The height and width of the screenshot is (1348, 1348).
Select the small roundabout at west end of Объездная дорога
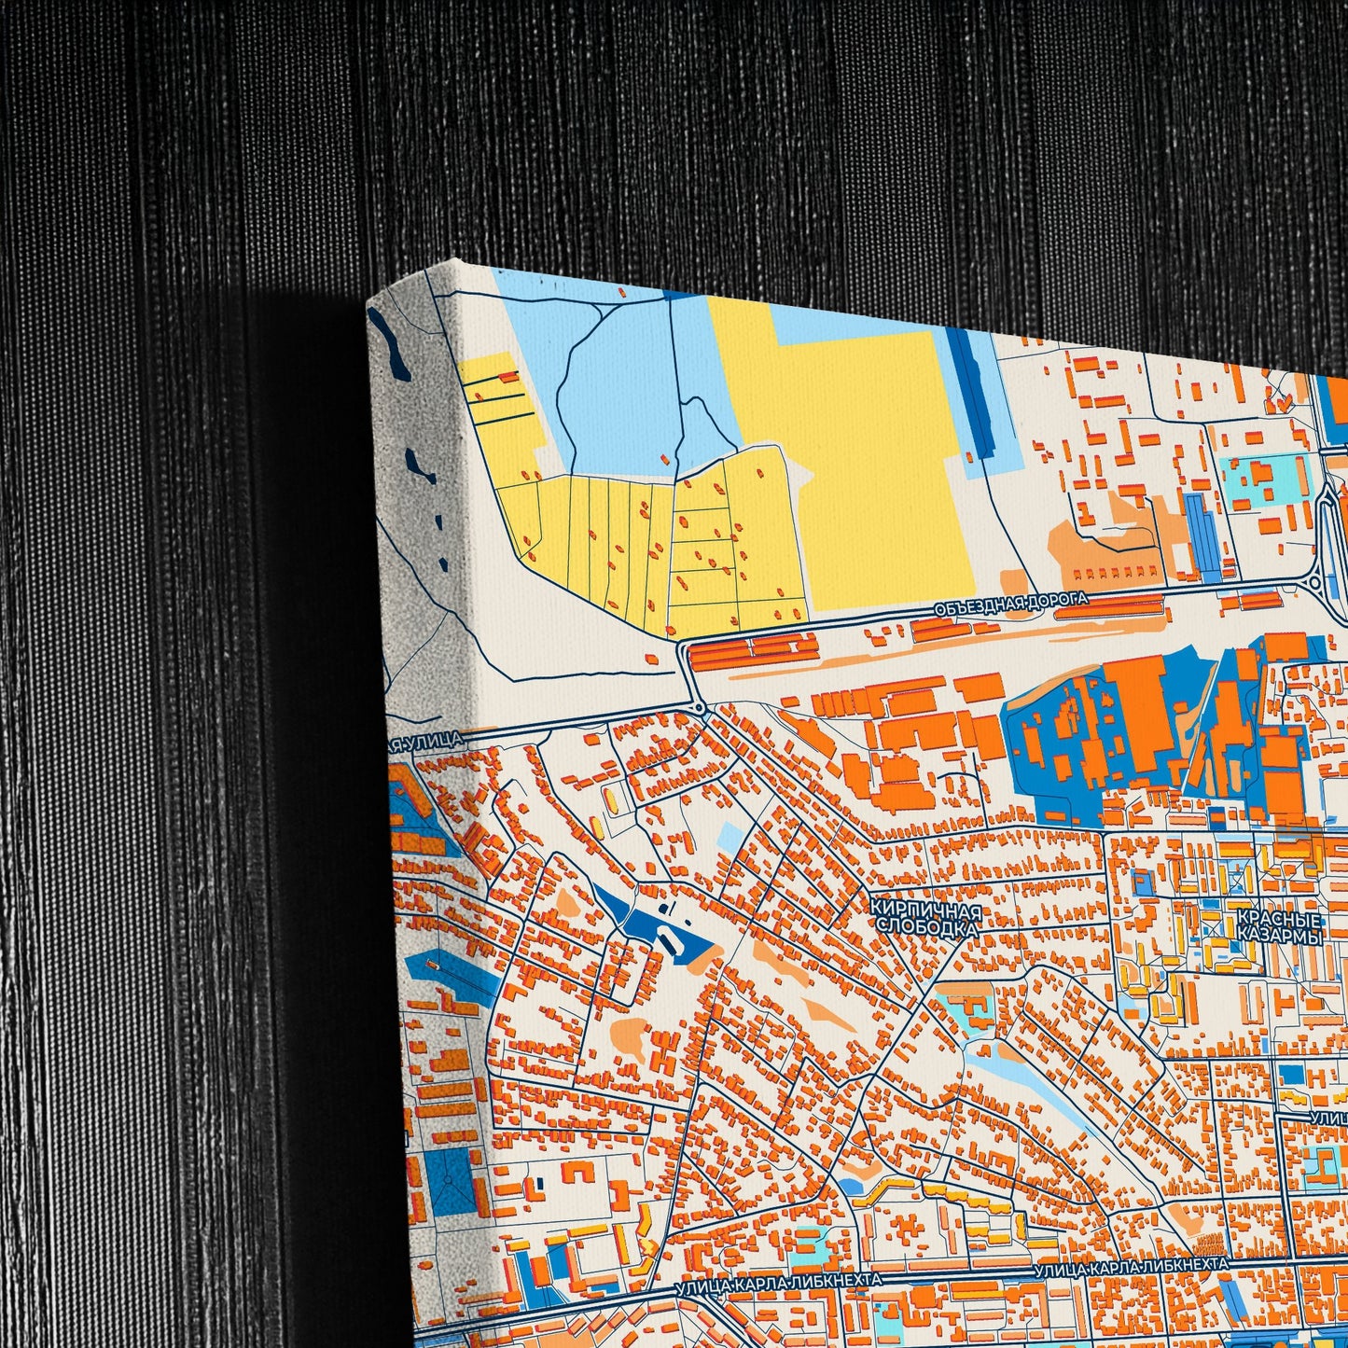click(x=699, y=707)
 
